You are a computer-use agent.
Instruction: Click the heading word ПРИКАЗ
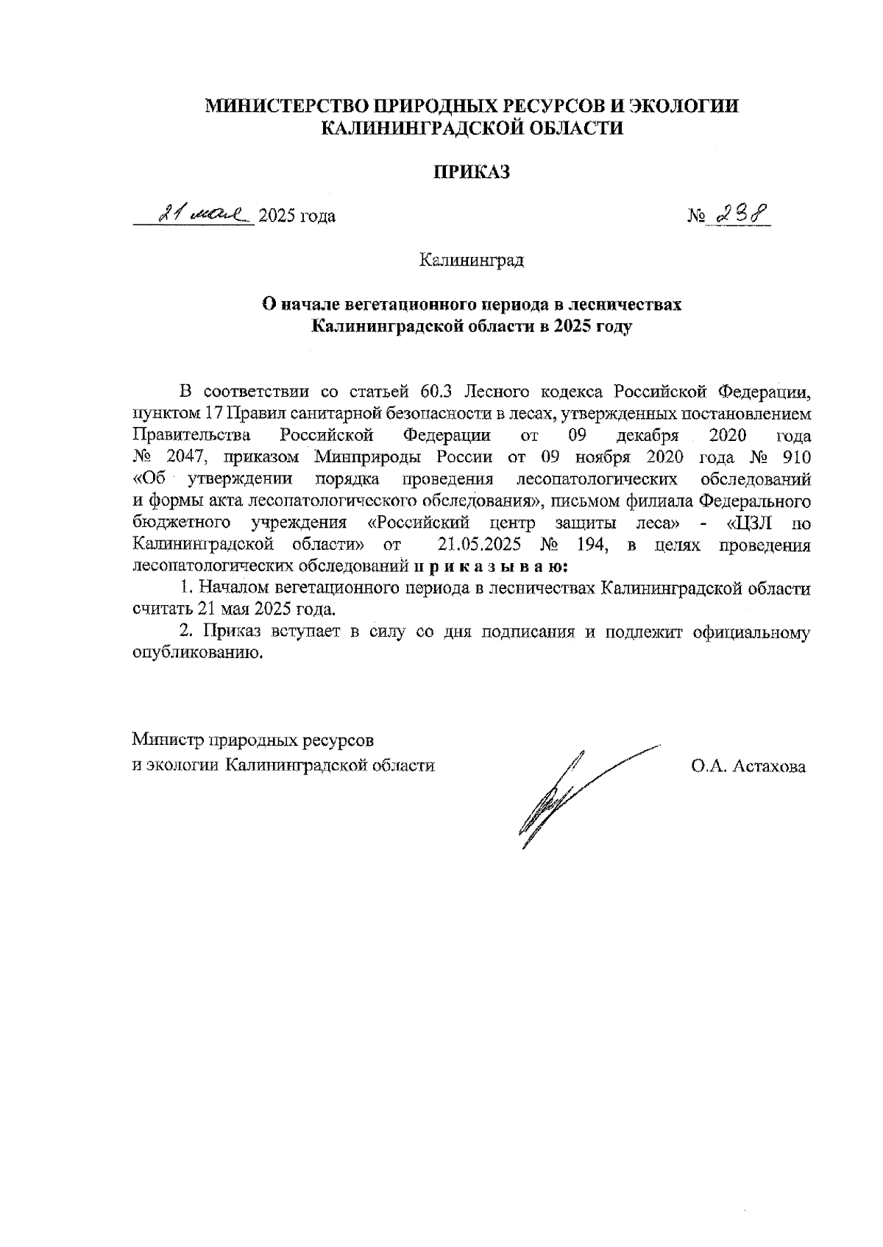click(471, 172)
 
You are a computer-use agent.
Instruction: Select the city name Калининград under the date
click(471, 261)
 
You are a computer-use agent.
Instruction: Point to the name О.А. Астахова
click(748, 766)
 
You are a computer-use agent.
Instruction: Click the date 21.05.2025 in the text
click(479, 545)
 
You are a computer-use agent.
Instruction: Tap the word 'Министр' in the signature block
click(169, 738)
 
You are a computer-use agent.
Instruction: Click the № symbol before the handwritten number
click(696, 216)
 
